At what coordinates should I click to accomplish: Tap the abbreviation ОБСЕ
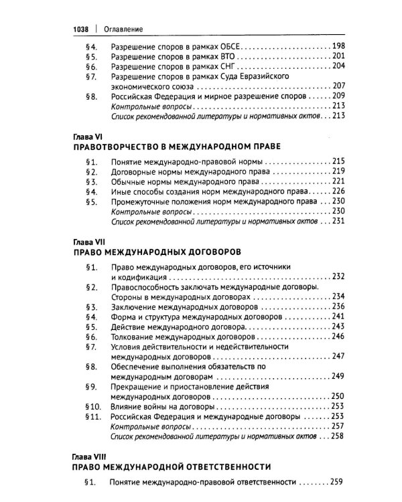[228, 46]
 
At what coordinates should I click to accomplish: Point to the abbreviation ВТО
[224, 57]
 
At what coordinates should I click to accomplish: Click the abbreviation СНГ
[224, 68]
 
